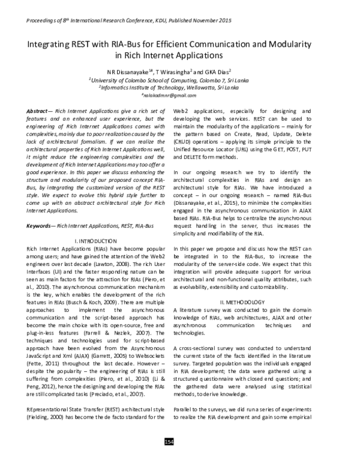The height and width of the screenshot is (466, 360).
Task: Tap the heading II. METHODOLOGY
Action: [241, 301]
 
